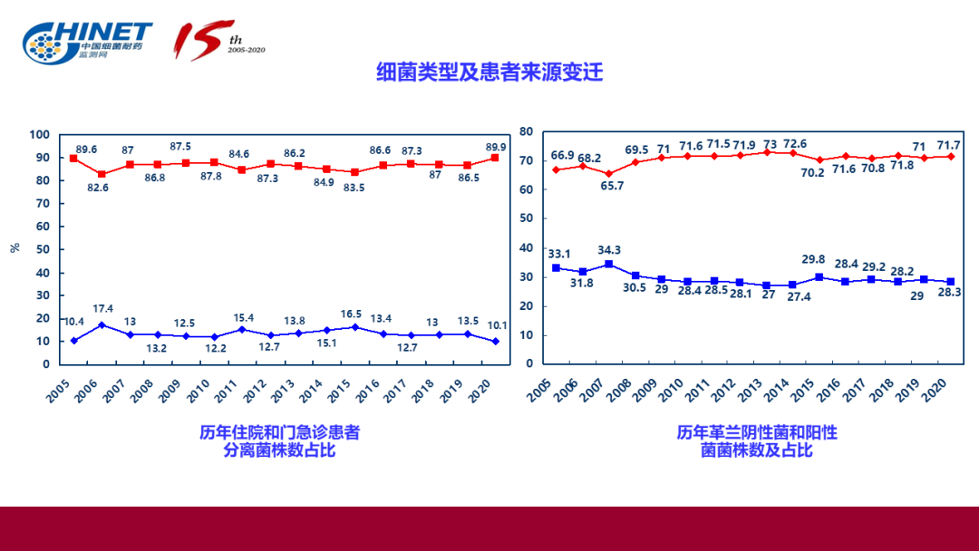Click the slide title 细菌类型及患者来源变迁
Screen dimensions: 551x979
pos(489,72)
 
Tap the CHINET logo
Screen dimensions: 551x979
pos(88,42)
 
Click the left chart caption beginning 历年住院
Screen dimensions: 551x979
pos(279,440)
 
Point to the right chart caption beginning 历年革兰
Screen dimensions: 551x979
pos(757,440)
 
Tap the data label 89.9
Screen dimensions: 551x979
pos(496,147)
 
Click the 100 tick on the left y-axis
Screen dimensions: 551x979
pos(39,134)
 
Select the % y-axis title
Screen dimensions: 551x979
pos(15,248)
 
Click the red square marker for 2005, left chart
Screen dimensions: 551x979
pos(73,159)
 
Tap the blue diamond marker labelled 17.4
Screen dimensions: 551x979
pos(102,324)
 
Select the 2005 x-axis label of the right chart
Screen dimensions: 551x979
pos(542,390)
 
